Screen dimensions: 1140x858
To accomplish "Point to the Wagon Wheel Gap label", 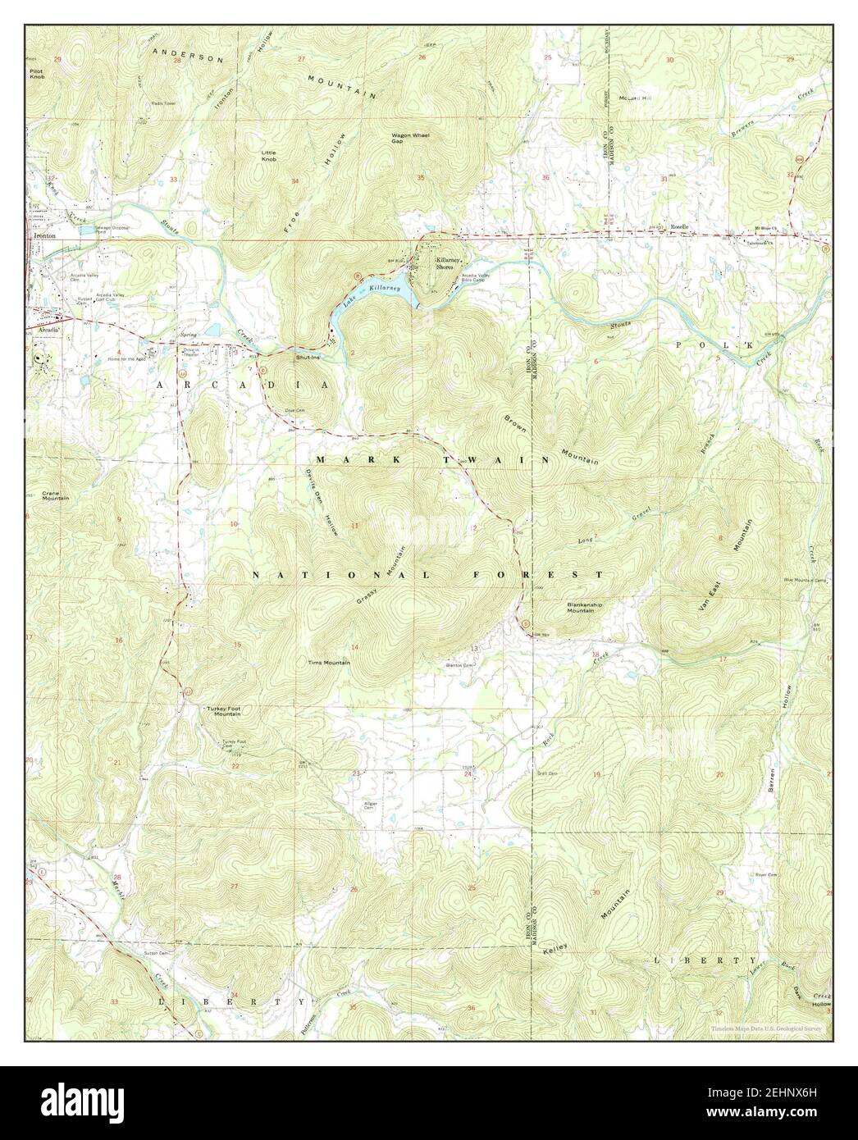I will pyautogui.click(x=410, y=138).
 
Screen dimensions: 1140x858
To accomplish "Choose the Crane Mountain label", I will pyautogui.click(x=55, y=496).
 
